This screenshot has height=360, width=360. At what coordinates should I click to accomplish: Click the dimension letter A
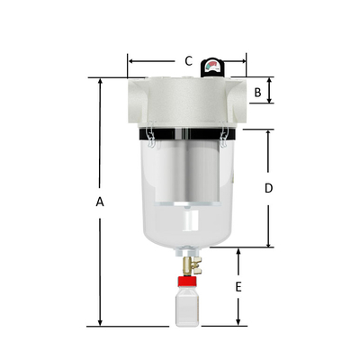100,202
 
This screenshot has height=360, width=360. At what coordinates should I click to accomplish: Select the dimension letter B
257,91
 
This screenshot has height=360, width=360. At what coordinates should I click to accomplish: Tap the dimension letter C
188,61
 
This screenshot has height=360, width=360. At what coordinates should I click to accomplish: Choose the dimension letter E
238,287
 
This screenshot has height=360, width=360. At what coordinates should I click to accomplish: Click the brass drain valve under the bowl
190,264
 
